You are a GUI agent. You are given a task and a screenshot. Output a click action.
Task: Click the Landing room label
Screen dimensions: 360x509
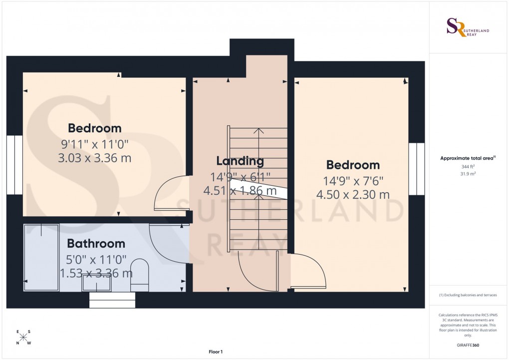[x=240, y=161]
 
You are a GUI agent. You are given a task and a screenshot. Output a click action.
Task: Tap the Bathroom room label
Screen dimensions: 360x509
[x=96, y=244]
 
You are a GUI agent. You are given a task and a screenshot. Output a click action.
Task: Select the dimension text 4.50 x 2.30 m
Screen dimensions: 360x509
[x=353, y=195]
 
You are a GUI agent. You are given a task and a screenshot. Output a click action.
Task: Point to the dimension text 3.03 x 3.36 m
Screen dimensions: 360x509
[x=95, y=159]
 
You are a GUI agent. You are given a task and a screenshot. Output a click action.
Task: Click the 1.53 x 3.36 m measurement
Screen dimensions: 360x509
[x=96, y=273]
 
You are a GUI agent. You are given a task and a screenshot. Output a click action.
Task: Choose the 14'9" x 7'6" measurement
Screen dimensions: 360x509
[x=353, y=180]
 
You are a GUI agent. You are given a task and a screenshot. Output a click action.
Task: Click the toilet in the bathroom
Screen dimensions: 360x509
[x=139, y=275]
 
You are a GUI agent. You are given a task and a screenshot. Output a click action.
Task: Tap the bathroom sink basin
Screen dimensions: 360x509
[x=97, y=284]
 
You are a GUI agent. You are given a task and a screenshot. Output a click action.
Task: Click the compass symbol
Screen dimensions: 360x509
[x=23, y=337]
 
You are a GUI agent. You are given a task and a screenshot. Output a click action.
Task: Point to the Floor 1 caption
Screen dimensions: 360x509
[x=216, y=352]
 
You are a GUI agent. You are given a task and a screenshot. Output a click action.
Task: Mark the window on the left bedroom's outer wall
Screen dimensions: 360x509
[x=14, y=165]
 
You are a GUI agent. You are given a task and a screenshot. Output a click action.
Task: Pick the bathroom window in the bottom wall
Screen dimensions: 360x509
[x=112, y=300]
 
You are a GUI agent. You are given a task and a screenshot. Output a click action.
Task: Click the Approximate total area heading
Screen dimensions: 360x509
[x=467, y=158]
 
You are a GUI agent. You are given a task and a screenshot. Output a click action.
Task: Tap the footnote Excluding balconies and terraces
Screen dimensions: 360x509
[x=468, y=295]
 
